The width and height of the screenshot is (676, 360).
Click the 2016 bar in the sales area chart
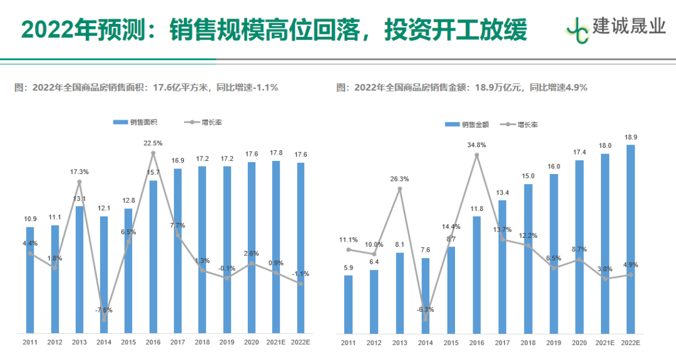tap(153, 257)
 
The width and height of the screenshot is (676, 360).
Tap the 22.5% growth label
tap(153, 143)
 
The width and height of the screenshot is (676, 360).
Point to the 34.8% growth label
tap(477, 145)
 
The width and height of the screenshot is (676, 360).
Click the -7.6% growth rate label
tap(104, 310)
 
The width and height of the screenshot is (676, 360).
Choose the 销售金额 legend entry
tap(466, 125)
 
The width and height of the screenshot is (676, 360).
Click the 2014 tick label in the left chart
tap(104, 342)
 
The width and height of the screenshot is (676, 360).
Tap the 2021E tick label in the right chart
tap(605, 342)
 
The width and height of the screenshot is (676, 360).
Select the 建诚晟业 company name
tap(629, 26)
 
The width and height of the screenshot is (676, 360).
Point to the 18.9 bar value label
tap(630, 137)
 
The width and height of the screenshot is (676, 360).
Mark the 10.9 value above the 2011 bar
tap(30, 219)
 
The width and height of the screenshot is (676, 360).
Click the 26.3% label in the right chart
tap(399, 179)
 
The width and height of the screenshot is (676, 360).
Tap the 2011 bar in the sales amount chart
tap(349, 304)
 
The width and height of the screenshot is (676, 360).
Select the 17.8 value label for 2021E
tap(276, 153)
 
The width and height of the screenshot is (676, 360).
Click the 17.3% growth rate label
tap(79, 172)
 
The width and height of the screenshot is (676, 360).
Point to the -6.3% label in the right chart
tap(426, 309)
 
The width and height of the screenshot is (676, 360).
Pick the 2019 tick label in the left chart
tap(227, 342)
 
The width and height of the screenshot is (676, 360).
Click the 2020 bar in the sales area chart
tap(252, 247)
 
